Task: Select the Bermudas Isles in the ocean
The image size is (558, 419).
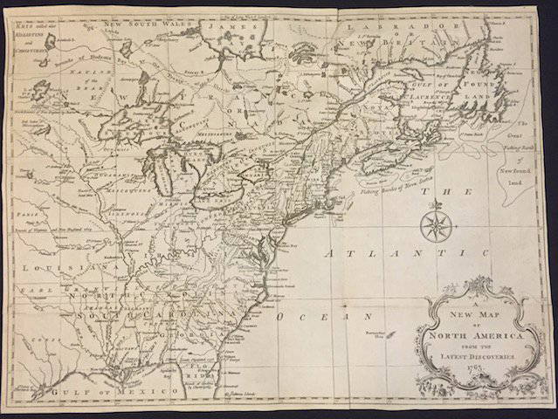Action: tap(388, 333)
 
